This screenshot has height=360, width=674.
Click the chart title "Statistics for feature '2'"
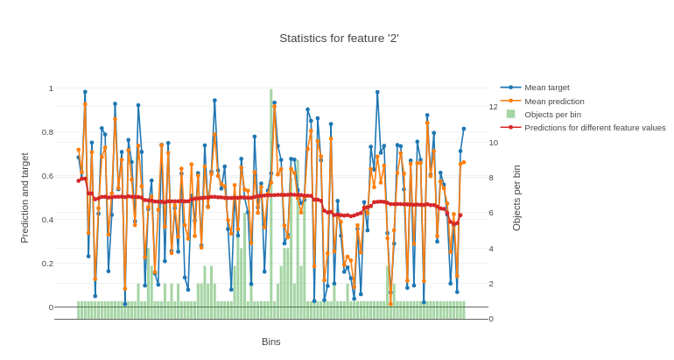coord(339,39)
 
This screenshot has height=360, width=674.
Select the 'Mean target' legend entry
coord(546,88)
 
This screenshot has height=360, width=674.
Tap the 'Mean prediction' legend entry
coord(554,102)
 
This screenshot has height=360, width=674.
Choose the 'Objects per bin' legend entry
coord(552,115)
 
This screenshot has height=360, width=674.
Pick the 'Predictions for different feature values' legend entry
coord(594,128)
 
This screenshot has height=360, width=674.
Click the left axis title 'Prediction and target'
coord(25,198)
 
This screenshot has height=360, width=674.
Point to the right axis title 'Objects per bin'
coord(516,198)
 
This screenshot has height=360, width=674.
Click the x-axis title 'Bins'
coord(271,342)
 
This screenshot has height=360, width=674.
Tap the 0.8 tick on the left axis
coord(47,132)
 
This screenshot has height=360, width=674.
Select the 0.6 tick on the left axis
coord(47,176)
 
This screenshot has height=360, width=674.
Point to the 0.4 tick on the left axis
coord(47,220)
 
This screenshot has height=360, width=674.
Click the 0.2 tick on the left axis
coord(47,264)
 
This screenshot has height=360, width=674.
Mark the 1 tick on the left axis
coord(51,88)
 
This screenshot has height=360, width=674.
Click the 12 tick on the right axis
coord(494,107)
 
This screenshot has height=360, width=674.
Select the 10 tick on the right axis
coord(494,143)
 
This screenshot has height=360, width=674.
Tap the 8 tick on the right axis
coord(492,178)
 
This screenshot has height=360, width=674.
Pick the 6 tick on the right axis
coord(492,213)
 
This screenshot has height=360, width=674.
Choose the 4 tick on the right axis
coord(492,249)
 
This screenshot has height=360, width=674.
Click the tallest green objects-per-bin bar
coord(271,201)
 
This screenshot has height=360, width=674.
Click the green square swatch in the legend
coord(510,115)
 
